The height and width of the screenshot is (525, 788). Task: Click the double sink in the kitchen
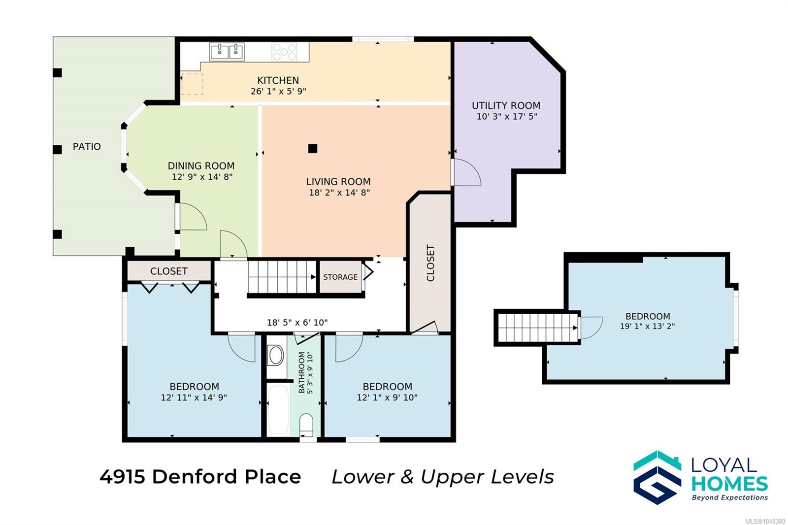227,52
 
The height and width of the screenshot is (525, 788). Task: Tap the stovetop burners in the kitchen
284,52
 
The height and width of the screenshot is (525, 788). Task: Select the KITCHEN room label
278,80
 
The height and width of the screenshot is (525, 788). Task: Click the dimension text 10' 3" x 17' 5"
507,116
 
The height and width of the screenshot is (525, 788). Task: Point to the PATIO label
87,146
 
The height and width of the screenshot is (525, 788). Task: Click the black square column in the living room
312,149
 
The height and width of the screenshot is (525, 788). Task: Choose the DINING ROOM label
201,166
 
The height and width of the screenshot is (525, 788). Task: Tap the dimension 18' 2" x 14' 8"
339,193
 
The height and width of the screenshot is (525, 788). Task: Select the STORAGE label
340,277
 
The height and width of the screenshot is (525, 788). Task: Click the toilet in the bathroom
306,425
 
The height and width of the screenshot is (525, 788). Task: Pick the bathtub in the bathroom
278,410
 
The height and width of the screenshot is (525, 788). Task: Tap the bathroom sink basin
276,355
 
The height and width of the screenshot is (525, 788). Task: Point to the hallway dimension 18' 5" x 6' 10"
297,322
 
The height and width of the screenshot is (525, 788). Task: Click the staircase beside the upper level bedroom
537,328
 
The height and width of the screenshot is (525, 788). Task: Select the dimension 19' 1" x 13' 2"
647,326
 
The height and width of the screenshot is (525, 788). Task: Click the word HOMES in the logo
729,484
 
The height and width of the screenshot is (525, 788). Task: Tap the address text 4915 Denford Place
200,477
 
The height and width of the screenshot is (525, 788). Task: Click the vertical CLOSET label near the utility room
430,263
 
